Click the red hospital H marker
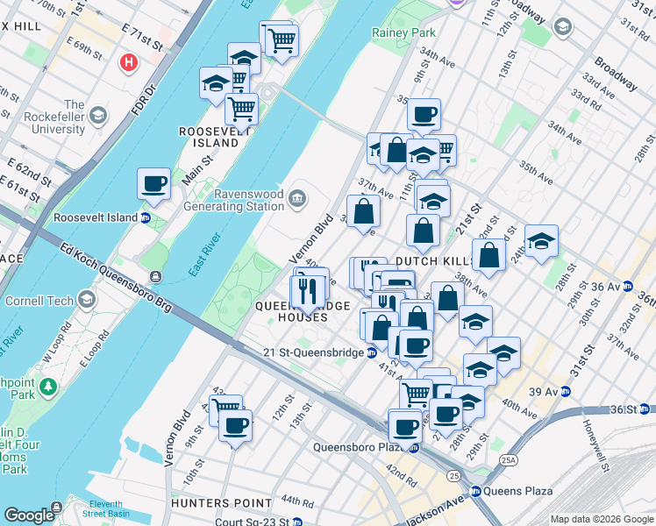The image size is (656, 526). [x=129, y=63]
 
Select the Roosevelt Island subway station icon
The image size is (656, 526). [x=146, y=217]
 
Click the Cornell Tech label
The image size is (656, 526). [x=41, y=300]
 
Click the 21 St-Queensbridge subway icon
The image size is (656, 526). [x=372, y=352]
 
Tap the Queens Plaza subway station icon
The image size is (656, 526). [x=476, y=491]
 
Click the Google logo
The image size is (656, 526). [x=28, y=515]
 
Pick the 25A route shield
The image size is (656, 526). [x=510, y=457]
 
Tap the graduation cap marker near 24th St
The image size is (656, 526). [x=541, y=242]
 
